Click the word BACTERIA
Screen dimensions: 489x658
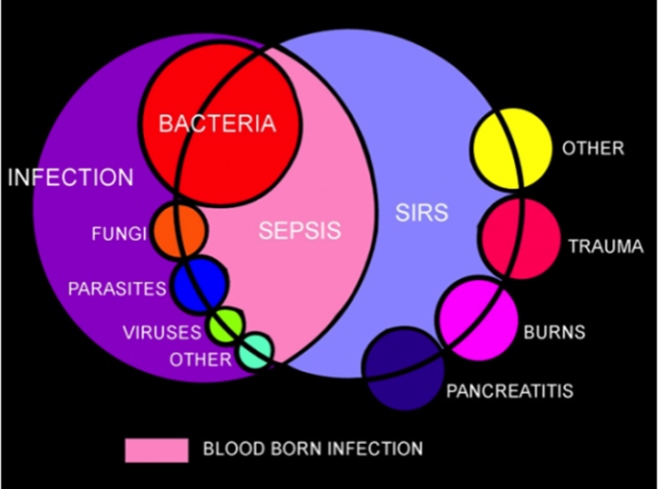[217, 124]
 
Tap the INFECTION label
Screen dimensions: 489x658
[71, 177]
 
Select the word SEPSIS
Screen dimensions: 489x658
[300, 230]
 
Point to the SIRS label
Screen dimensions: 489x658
[421, 212]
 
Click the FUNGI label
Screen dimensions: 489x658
[119, 233]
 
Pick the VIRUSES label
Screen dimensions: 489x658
[162, 333]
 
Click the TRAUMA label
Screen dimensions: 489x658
[605, 246]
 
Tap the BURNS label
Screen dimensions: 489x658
[554, 333]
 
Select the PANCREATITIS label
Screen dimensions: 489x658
[509, 391]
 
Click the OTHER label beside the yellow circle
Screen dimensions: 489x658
[593, 149]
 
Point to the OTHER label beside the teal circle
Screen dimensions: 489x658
[200, 360]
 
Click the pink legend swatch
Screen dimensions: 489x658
[156, 449]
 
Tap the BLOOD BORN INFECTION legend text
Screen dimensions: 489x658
[313, 449]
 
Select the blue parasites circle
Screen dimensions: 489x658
[200, 285]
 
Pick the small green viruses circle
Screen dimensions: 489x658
[227, 326]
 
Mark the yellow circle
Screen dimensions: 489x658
[511, 148]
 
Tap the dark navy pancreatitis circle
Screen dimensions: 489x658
[402, 366]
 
